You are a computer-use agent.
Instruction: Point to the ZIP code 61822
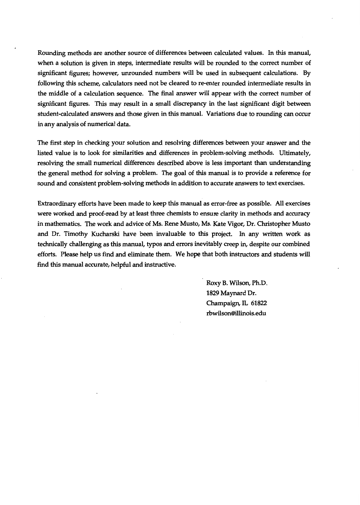[x=259, y=303]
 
